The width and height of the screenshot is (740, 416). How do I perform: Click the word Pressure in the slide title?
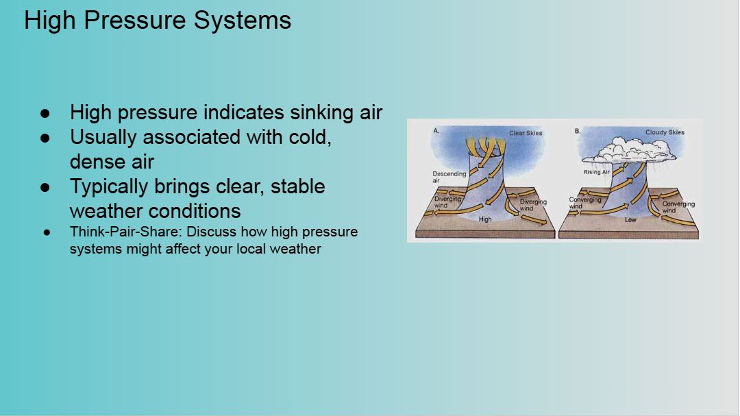pos(135,21)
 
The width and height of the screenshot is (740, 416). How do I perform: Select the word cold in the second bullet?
pos(308,137)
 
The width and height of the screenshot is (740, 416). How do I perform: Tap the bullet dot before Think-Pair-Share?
pos(47,232)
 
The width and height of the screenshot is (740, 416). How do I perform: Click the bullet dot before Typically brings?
pos(45,187)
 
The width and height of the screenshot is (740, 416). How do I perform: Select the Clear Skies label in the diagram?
pos(526,133)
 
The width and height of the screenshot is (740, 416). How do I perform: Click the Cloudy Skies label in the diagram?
pos(665,132)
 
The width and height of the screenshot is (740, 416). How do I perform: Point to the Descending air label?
pos(449,177)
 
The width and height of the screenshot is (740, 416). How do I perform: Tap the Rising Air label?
pos(597,172)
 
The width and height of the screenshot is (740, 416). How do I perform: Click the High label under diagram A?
pos(485,219)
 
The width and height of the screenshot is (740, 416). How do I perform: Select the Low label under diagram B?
pos(630,219)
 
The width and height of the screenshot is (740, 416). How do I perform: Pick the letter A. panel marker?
pos(436,131)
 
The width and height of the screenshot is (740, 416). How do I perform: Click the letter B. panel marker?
pos(578,131)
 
